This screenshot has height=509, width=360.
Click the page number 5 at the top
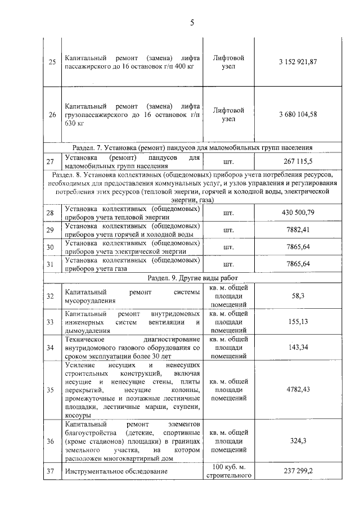point(192,23)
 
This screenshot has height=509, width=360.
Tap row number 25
point(52,62)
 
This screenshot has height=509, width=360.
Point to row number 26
point(52,115)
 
